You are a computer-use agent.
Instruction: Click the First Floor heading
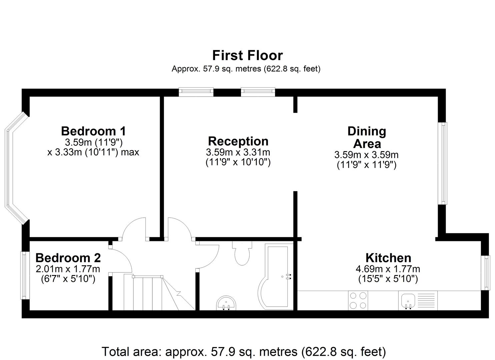(x=247, y=55)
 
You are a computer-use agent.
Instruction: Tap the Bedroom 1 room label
(x=93, y=131)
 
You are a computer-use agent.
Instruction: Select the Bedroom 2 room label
(x=68, y=258)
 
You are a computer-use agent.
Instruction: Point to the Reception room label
(x=238, y=141)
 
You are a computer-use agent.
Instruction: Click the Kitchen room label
(x=388, y=258)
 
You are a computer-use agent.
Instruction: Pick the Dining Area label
(x=367, y=137)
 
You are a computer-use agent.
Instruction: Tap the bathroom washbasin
(x=226, y=303)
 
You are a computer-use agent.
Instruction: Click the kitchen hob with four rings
(x=358, y=301)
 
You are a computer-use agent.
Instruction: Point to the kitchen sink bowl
(x=408, y=301)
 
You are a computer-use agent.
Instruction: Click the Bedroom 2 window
(x=25, y=275)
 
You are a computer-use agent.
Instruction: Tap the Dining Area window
(x=443, y=164)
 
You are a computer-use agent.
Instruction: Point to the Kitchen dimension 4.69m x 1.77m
(x=388, y=269)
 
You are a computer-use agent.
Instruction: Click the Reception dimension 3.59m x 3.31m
(x=238, y=152)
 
